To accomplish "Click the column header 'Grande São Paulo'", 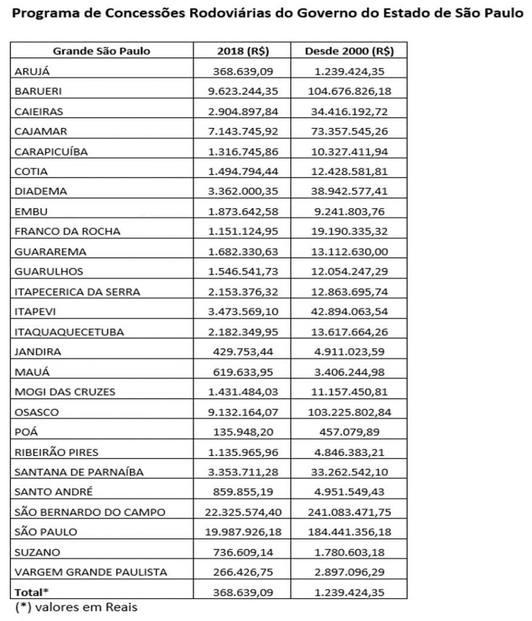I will pos(101,51).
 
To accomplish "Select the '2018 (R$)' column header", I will pos(241,51).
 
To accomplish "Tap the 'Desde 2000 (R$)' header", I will pos(349,51).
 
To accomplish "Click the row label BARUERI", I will pos(38,91).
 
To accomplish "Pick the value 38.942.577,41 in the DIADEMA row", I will pos(349,191).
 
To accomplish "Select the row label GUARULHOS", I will pos(49,271).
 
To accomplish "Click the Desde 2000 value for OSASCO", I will pos(349,412).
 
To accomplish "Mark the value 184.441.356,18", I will pos(349,532).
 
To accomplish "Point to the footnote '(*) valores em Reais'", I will pos(76,608).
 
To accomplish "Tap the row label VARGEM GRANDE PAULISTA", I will pos(90,572).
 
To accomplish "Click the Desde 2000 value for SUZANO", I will pos(349,552).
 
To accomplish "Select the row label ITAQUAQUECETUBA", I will pos(69,332).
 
